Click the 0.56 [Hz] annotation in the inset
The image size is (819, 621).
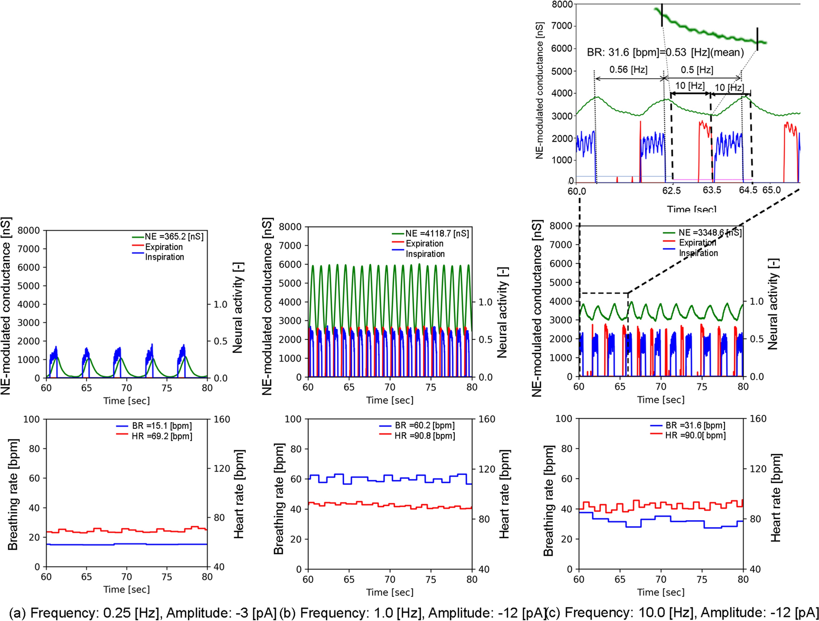(628, 70)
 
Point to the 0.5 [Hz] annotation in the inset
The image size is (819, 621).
(697, 70)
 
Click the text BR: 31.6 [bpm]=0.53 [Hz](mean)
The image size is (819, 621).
(665, 52)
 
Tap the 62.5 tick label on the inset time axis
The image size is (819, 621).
(671, 190)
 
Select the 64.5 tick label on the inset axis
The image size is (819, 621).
(748, 190)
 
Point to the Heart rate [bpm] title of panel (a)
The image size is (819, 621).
(239, 494)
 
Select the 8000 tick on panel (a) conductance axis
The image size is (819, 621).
(29, 231)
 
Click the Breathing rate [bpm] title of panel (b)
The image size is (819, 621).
(279, 499)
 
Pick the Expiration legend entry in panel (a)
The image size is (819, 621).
(164, 247)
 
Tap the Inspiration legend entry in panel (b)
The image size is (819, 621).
(425, 254)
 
